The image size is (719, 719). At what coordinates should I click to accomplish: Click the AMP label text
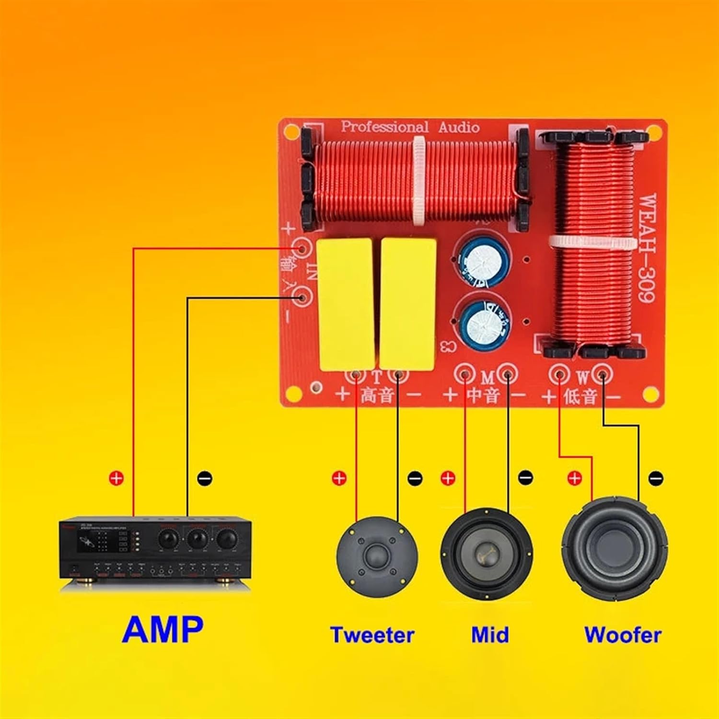163,629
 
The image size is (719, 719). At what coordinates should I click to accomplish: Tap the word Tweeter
372,635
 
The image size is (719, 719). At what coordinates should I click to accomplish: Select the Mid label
489,635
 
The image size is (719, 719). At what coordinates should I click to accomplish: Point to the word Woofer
623,635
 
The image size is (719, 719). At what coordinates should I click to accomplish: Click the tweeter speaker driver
377,556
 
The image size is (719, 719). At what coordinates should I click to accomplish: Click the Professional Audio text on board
410,127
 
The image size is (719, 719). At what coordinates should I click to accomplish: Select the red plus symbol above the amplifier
116,478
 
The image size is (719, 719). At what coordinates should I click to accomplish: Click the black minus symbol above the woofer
655,478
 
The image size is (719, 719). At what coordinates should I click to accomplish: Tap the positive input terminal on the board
302,249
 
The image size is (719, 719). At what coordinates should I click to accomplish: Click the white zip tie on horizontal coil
420,180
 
